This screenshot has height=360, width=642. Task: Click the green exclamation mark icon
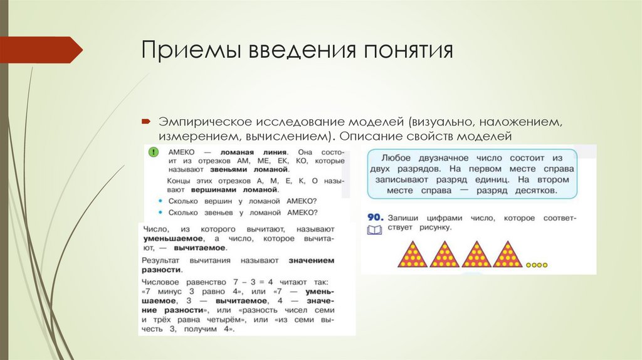(x=152, y=152)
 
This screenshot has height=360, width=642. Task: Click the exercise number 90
(x=375, y=217)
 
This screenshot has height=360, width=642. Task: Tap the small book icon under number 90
(x=374, y=230)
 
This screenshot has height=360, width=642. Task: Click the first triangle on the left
(x=413, y=255)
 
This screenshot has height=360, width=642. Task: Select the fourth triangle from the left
(x=507, y=255)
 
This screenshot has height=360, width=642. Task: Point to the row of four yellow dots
(x=537, y=265)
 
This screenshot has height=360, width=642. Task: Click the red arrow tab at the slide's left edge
(x=41, y=50)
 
